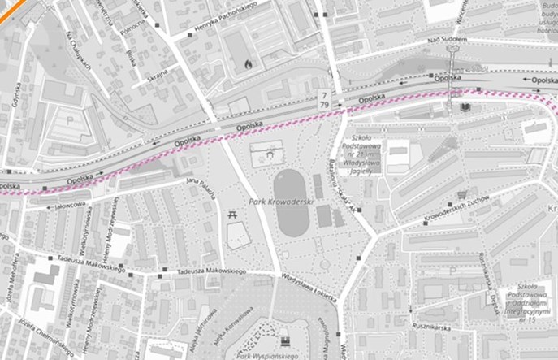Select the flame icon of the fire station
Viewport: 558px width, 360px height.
(248, 61)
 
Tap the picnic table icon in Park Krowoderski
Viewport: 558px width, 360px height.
(232, 215)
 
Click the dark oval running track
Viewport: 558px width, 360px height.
(291, 203)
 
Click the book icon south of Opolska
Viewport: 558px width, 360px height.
(465, 107)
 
